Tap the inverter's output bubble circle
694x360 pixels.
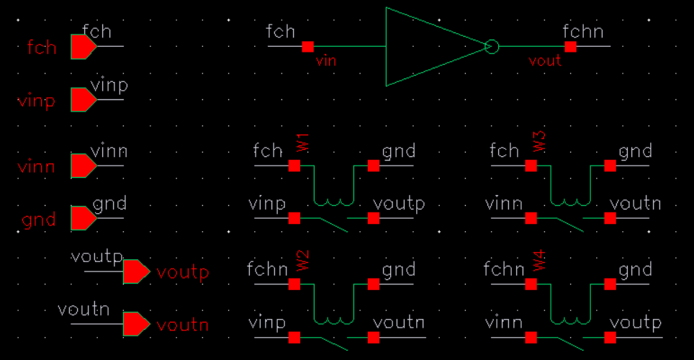coord(492,47)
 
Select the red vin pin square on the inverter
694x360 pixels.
coord(308,47)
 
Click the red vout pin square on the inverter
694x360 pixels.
coord(571,47)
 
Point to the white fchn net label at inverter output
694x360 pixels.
coord(582,32)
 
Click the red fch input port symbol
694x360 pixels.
coord(83,47)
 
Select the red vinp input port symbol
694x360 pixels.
coord(83,99)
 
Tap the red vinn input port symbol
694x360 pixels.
coord(83,166)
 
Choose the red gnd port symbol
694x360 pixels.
coord(83,218)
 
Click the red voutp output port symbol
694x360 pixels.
coord(135,271)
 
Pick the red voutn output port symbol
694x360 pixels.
coord(135,324)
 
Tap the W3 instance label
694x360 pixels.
coord(540,142)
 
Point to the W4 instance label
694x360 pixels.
coord(540,260)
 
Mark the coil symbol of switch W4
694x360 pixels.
coord(571,320)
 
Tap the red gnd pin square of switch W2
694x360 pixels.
coord(374,284)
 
